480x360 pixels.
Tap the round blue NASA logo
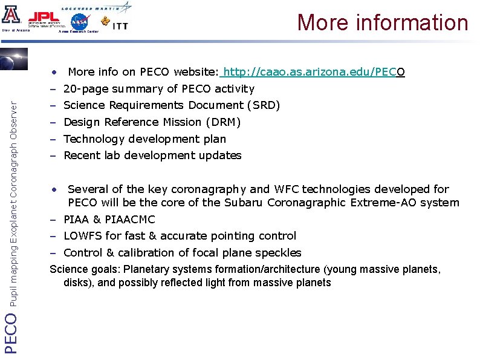pyautogui.click(x=79, y=22)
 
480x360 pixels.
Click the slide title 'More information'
pyautogui.click(x=383, y=22)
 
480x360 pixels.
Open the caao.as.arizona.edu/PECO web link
pyautogui.click(x=314, y=73)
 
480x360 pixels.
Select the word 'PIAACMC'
pyautogui.click(x=132, y=219)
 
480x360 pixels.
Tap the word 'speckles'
pyautogui.click(x=278, y=253)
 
